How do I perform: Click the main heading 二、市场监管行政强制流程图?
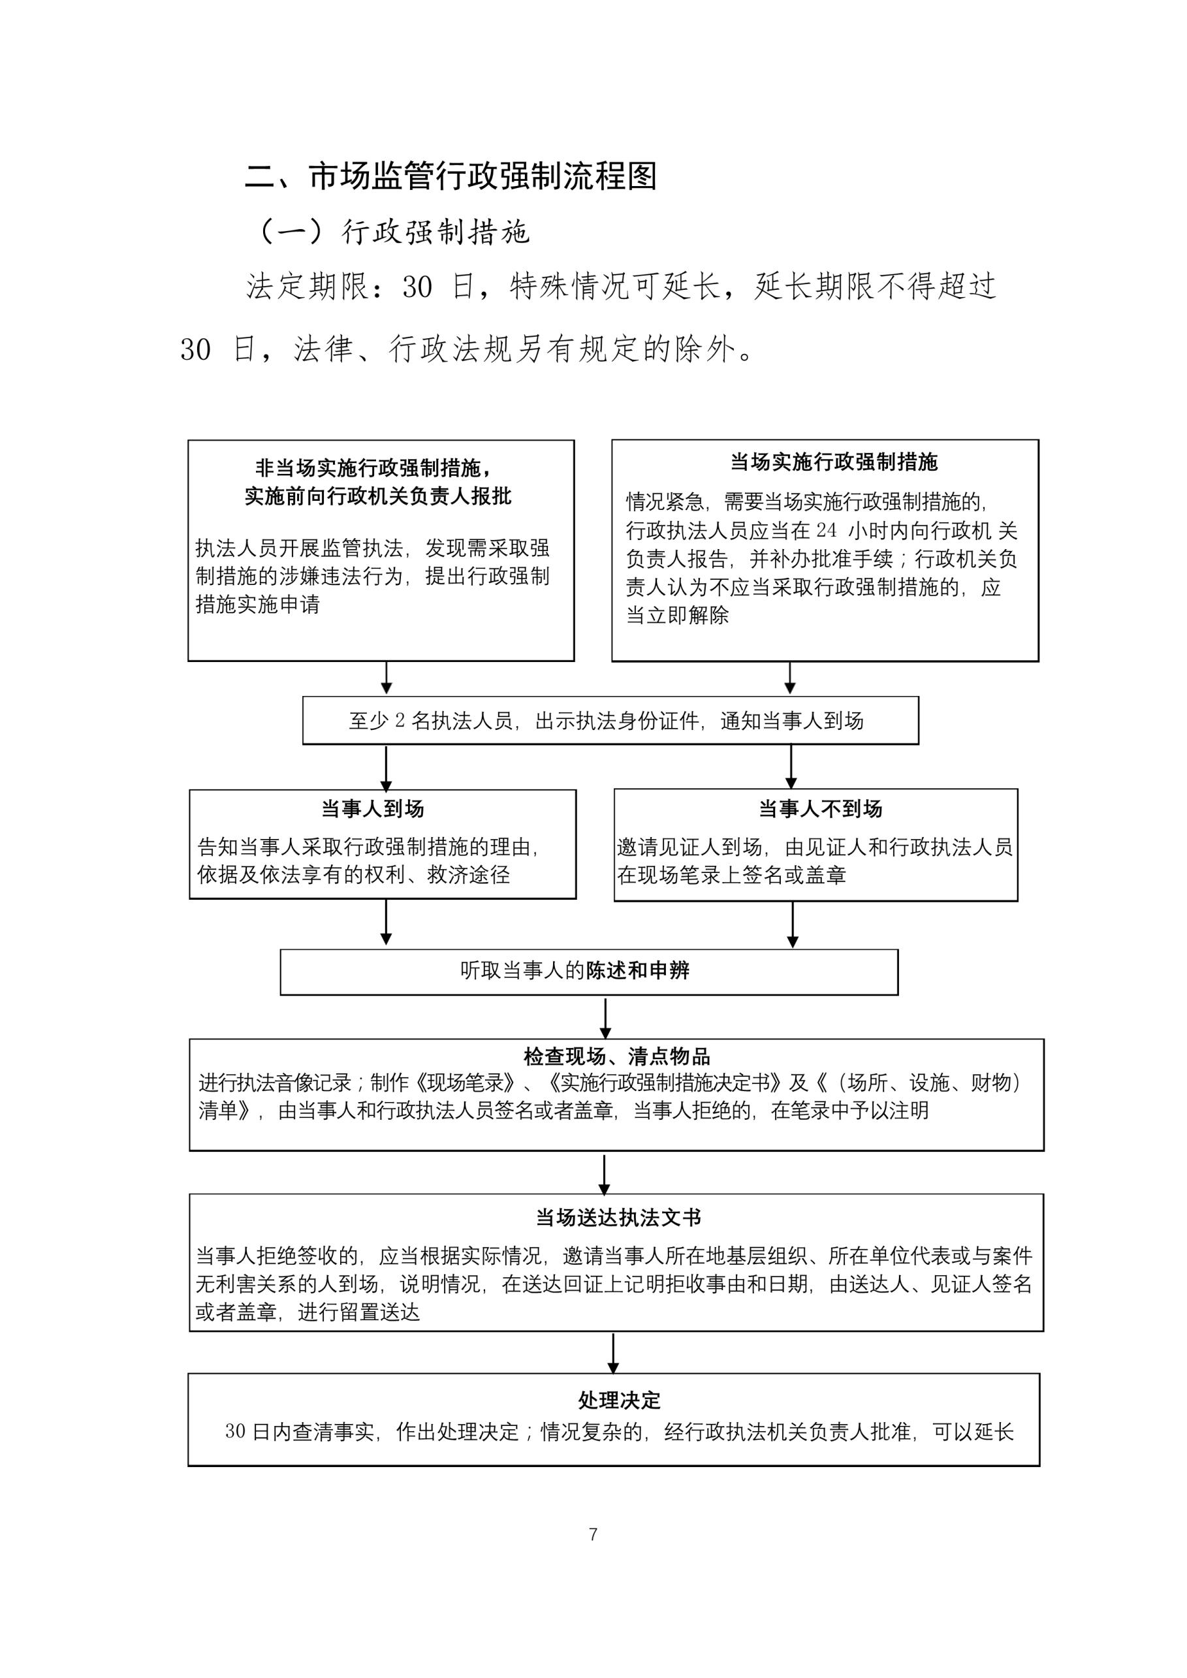coord(451,177)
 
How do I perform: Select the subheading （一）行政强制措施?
coord(392,232)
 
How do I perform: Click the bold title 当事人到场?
coord(373,809)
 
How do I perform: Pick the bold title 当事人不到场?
coord(820,809)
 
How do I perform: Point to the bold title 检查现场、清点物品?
coord(617,1056)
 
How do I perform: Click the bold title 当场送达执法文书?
coord(618,1218)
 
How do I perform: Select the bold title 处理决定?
coord(619,1401)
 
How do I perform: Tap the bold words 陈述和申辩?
coord(637,970)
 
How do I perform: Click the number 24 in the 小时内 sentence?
coord(826,531)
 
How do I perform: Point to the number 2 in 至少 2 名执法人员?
coord(400,721)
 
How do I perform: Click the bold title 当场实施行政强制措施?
coord(833,462)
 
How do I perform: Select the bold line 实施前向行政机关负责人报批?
coord(378,496)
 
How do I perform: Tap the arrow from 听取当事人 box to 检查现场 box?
coord(605,1017)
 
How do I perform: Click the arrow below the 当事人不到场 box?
coord(792,925)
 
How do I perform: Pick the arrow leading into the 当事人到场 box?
coord(386,767)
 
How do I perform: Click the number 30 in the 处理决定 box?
coord(234,1432)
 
